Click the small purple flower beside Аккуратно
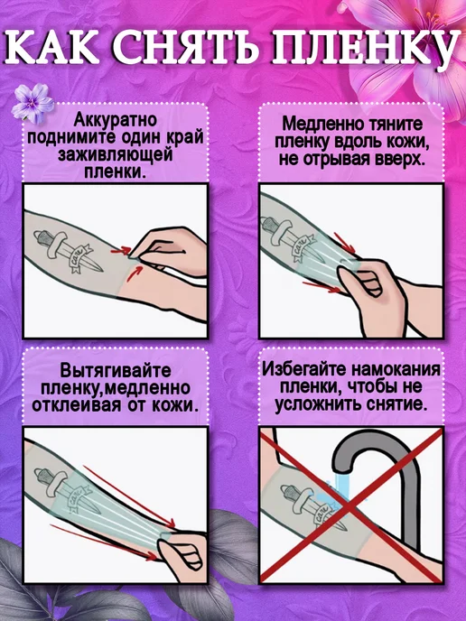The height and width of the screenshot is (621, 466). coord(33,103)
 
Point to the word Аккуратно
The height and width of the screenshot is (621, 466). coord(116,120)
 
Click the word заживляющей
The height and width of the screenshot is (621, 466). coord(116,155)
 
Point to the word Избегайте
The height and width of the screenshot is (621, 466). coord(305,369)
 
